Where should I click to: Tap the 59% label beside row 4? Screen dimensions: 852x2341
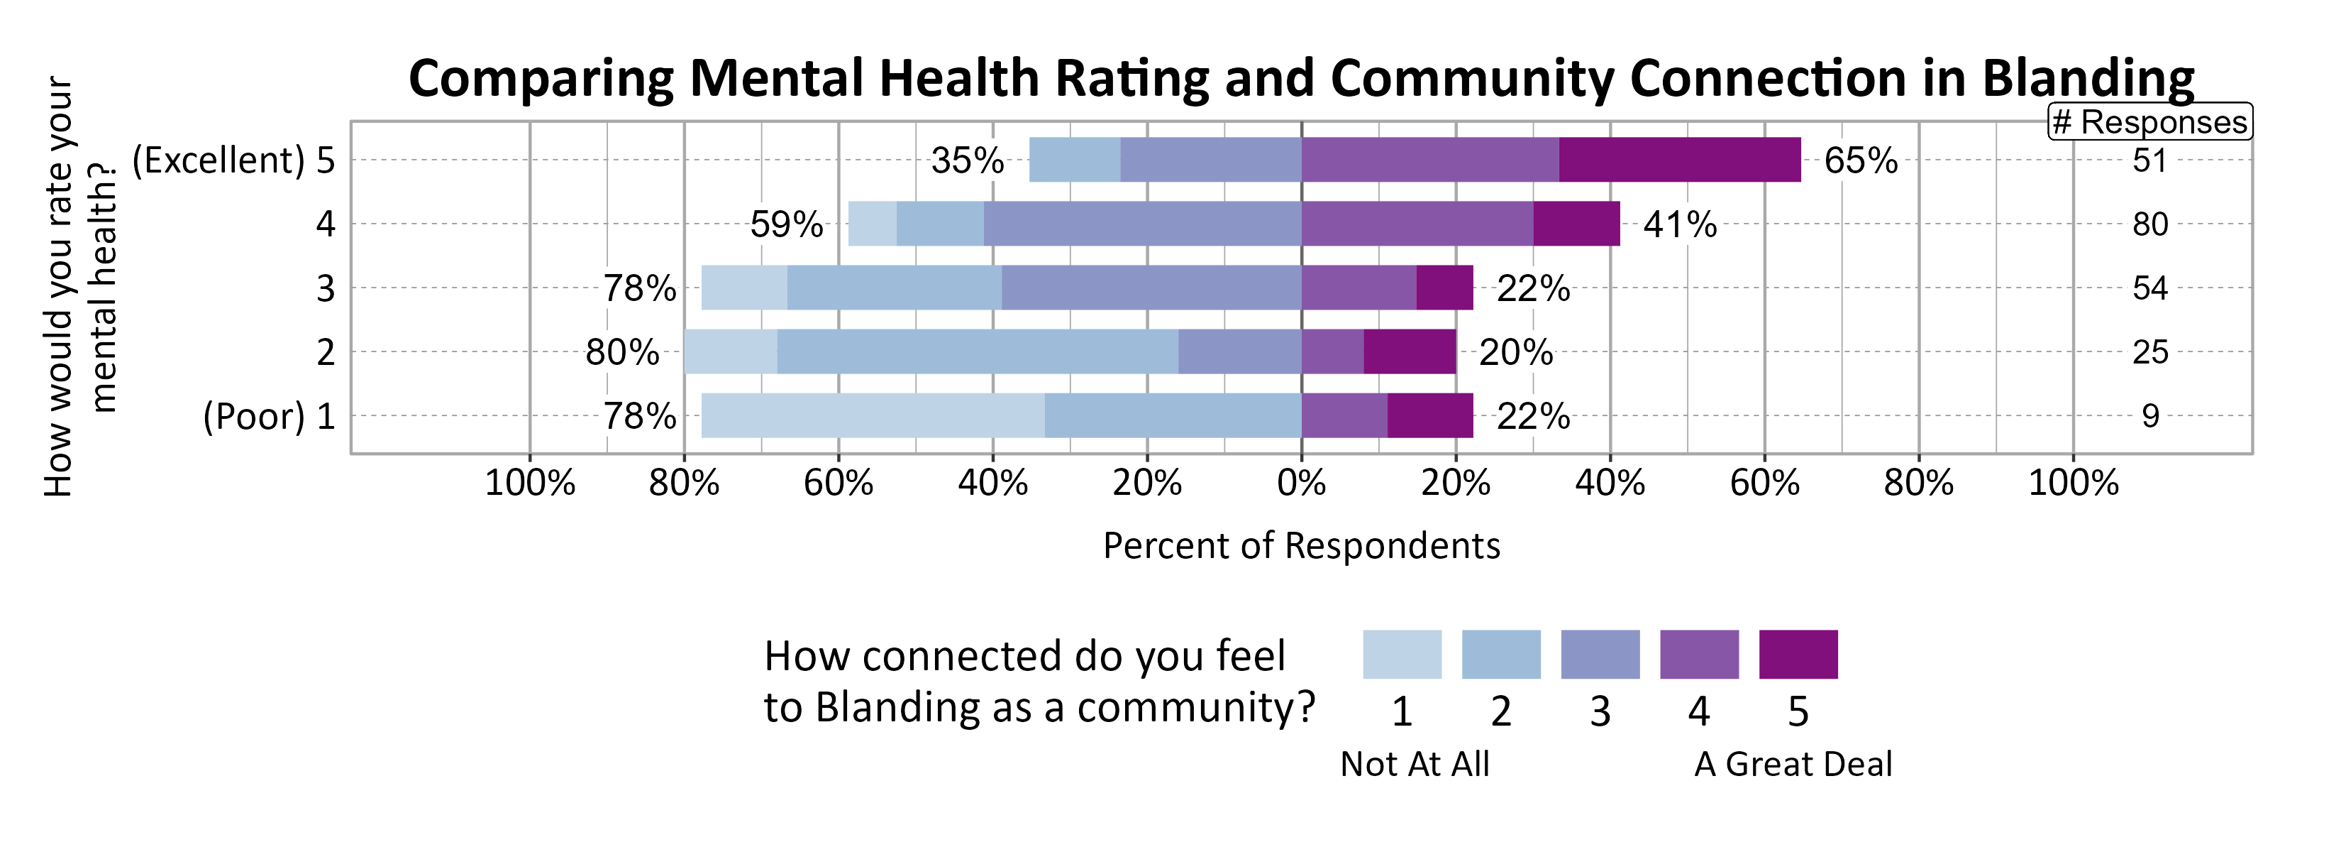pyautogui.click(x=786, y=224)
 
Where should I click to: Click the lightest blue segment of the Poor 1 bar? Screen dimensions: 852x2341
pyautogui.click(x=873, y=415)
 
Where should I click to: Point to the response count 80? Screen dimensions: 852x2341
pyautogui.click(x=2149, y=224)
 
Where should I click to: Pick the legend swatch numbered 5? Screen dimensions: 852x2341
pyautogui.click(x=1798, y=654)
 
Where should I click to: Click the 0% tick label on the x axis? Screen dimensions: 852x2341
pyautogui.click(x=1300, y=483)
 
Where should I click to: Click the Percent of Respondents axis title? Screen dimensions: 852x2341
pyautogui.click(x=1300, y=545)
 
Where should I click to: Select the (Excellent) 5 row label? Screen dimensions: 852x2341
pyautogui.click(x=233, y=161)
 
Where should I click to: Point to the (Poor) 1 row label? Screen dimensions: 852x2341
pyautogui.click(x=269, y=417)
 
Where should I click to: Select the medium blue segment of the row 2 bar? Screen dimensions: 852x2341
pyautogui.click(x=977, y=352)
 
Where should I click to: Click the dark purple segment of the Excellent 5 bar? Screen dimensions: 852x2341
pyautogui.click(x=1678, y=160)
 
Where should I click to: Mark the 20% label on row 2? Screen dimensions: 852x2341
pyautogui.click(x=1515, y=352)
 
